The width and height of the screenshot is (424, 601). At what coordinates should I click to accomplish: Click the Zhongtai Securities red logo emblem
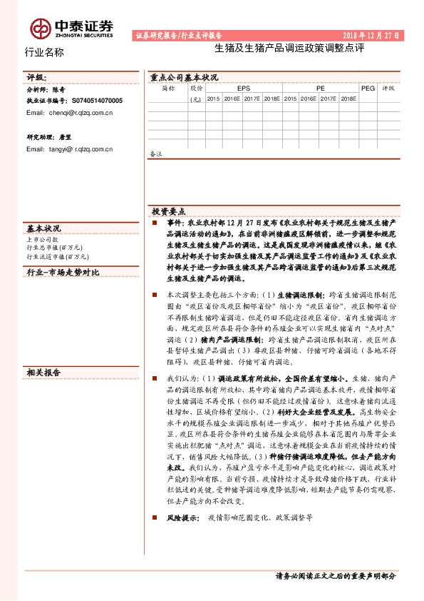(41, 29)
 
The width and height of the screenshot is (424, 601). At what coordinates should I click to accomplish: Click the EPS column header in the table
(244, 87)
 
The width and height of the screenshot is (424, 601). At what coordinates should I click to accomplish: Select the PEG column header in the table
(368, 87)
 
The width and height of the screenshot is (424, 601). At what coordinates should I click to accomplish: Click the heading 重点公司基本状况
(184, 76)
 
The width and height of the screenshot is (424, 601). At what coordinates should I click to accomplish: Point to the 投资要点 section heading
(168, 212)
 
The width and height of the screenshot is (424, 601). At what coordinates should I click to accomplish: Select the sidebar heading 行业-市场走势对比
(62, 272)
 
